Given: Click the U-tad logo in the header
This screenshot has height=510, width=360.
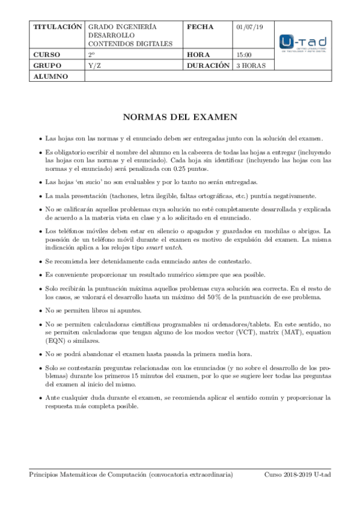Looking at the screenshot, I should pyautogui.click(x=303, y=43).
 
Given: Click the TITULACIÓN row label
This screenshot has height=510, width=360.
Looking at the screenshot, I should pyautogui.click(x=57, y=27).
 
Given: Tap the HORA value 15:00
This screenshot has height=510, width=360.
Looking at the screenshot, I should pyautogui.click(x=243, y=54).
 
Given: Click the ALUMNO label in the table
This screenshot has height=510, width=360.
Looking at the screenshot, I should pyautogui.click(x=50, y=76).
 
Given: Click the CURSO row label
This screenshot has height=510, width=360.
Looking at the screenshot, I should pyautogui.click(x=47, y=54).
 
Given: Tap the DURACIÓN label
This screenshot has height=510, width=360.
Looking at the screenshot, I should pyautogui.click(x=209, y=65).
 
